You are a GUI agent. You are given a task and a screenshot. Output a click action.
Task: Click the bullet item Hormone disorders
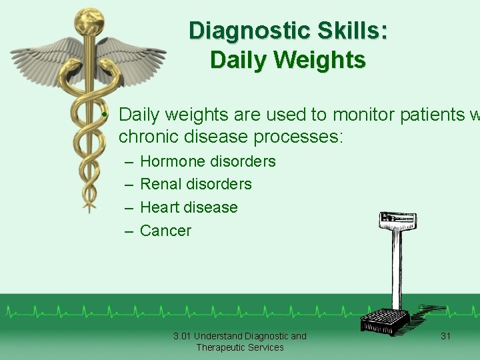207,161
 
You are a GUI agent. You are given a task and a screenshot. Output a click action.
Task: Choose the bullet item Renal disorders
195,184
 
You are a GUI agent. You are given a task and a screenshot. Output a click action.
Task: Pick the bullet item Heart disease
189,207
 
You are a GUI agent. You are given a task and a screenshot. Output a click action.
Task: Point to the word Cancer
165,231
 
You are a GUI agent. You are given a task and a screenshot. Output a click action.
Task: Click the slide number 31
446,336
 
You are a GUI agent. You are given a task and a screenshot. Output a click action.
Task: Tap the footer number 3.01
182,336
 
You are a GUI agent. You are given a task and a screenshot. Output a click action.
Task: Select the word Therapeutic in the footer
222,347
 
